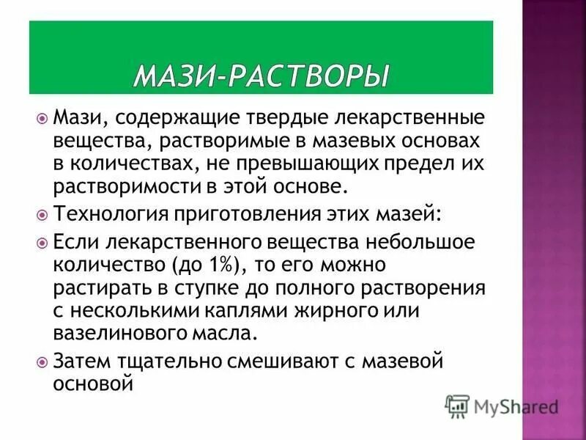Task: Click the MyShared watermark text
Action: click(x=516, y=406)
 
